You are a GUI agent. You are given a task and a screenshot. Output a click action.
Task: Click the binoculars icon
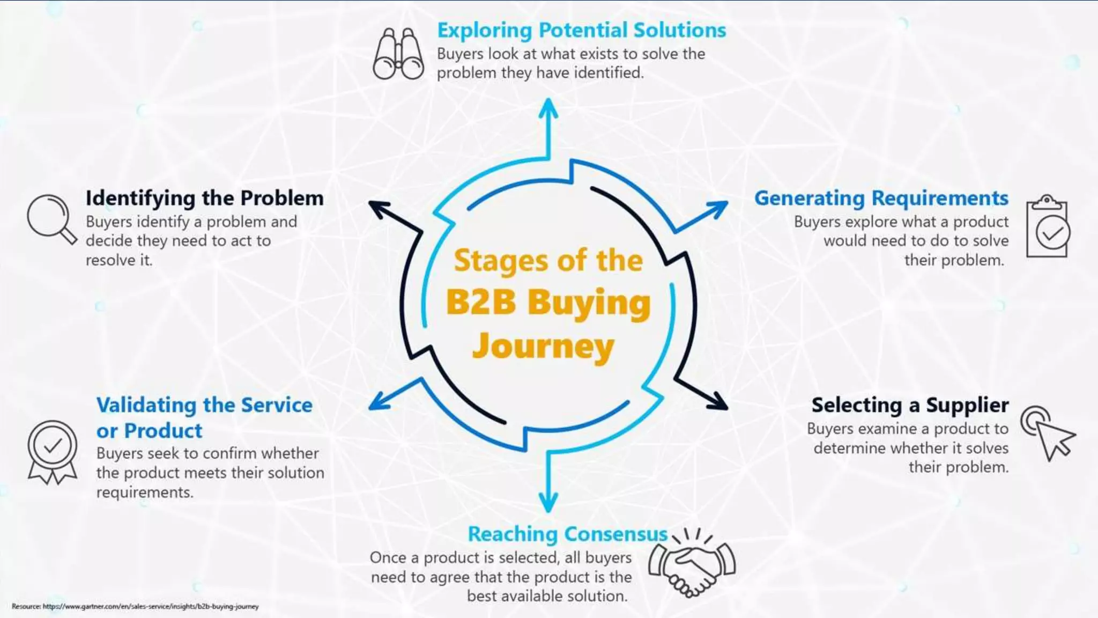[398, 54]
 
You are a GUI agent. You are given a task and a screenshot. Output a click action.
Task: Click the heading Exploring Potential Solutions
[582, 30]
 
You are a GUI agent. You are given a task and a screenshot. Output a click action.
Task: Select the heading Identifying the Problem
[204, 198]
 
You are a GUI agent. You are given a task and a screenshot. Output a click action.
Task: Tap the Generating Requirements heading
[881, 198]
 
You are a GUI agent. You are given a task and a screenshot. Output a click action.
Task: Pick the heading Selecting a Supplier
[910, 405]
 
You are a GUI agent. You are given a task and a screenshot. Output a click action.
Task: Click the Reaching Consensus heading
[567, 534]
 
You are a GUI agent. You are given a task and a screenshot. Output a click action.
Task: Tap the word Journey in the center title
[543, 346]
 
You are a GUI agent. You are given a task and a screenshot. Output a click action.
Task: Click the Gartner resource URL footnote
[135, 606]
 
